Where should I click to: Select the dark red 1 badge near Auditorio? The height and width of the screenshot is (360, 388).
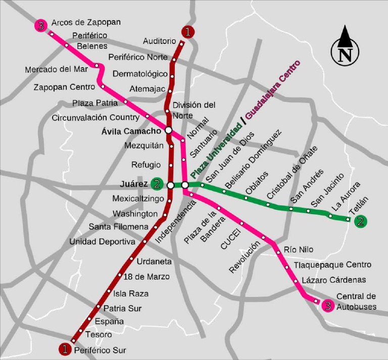click(187, 32)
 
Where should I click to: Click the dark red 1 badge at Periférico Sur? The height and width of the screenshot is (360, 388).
click(65, 348)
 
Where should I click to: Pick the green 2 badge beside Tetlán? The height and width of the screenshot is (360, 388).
click(360, 221)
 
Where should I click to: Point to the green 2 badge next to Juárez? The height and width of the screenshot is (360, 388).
click(157, 184)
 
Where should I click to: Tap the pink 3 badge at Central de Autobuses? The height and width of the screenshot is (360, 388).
click(328, 305)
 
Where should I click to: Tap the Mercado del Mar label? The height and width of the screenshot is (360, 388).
click(56, 69)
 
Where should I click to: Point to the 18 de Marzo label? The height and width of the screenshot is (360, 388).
click(147, 277)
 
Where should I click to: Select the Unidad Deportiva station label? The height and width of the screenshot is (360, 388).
click(102, 241)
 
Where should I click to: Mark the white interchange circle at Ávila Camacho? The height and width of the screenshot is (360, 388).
click(169, 131)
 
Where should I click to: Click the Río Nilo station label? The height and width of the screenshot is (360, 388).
click(299, 249)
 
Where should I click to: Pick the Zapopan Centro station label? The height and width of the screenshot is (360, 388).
click(64, 87)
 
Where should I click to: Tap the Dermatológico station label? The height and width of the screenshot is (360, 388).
click(140, 74)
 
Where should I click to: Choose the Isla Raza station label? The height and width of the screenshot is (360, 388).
click(131, 293)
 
